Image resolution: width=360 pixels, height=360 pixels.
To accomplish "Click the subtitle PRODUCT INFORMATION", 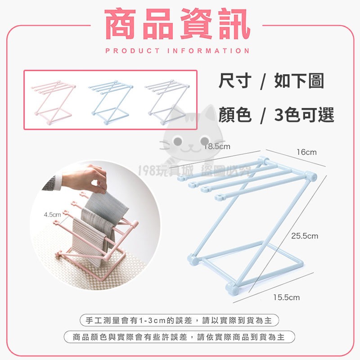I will [x=177, y=51].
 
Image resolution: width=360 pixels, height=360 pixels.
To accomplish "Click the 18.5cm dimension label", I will [x=216, y=146].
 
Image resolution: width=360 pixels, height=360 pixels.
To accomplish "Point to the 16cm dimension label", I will [x=306, y=152].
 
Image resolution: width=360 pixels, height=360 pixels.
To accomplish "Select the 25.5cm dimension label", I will [x=305, y=235].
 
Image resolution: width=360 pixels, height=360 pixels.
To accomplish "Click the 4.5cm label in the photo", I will [x=52, y=214].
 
